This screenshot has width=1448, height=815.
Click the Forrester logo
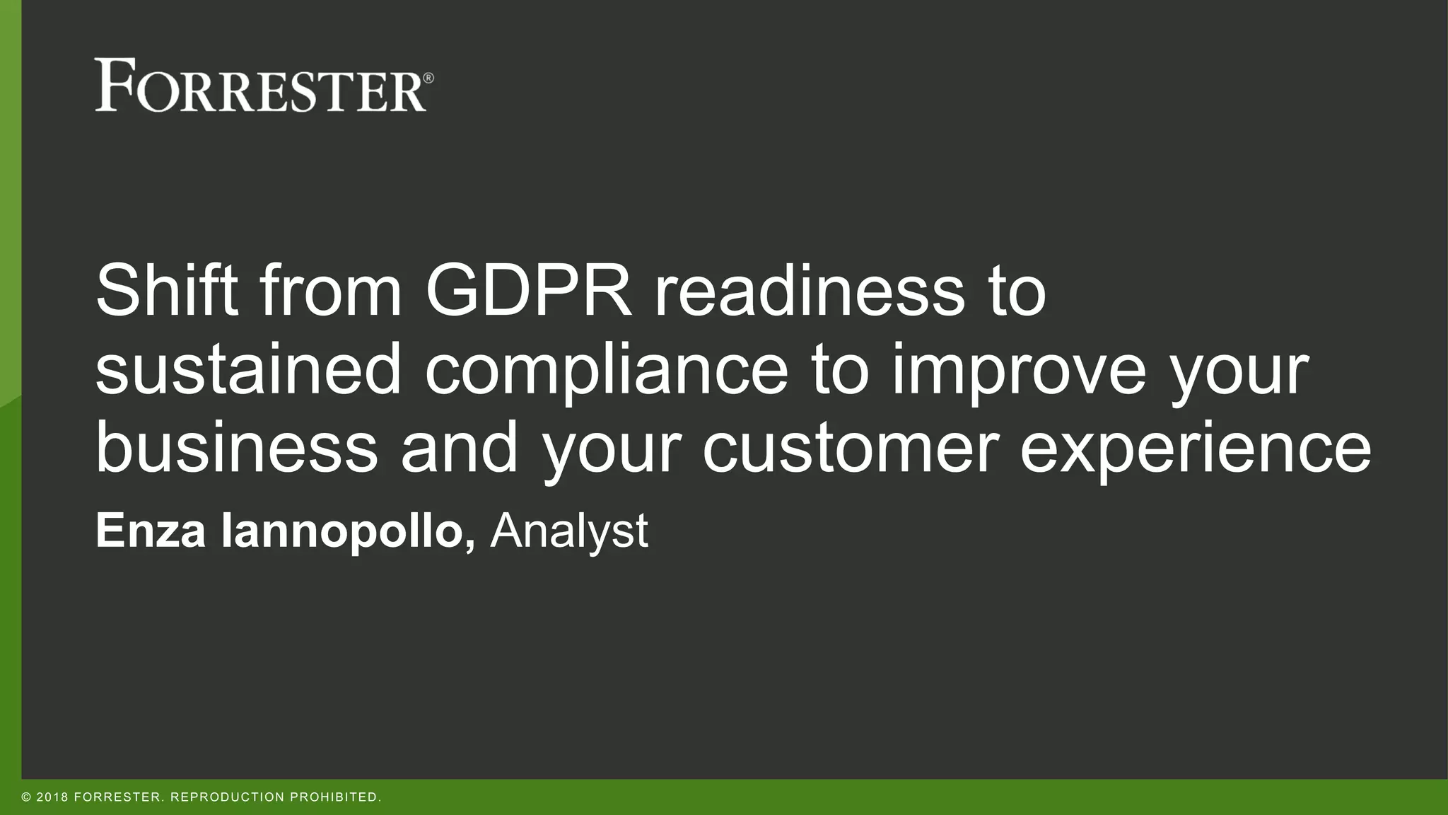coord(260,86)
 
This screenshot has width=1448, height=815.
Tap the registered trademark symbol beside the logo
coord(428,78)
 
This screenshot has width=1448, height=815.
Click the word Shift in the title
coord(167,290)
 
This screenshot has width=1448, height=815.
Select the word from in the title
coord(331,290)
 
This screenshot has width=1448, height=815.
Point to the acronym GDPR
coord(528,290)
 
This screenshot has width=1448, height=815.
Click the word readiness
coord(809,290)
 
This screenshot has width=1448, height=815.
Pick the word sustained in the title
coord(248,369)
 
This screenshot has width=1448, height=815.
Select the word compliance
coord(606,369)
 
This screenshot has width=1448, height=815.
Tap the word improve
coord(1018,369)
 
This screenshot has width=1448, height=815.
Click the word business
coord(237,448)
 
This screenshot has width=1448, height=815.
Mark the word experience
coord(1195,448)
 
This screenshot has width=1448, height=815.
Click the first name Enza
coord(151,531)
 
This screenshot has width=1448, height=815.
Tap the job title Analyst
coord(568,531)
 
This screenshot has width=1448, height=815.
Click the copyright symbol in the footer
coord(26,797)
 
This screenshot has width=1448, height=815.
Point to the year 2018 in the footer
coord(52,797)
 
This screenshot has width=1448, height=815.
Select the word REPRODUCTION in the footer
coord(227,797)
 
